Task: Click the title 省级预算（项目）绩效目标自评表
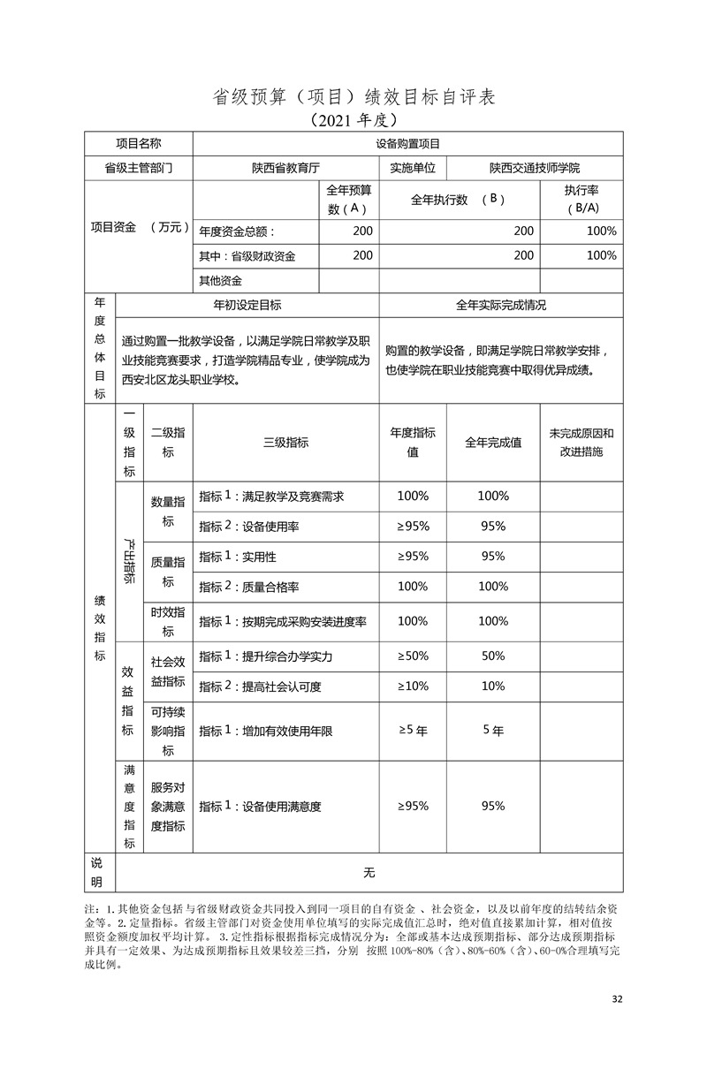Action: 353,95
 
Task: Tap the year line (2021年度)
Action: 353,118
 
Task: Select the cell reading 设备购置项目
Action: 407,143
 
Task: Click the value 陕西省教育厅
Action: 285,168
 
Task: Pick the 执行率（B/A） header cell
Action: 581,200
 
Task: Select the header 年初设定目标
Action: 247,305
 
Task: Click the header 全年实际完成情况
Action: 500,305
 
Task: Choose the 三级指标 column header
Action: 285,443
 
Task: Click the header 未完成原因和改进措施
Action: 581,443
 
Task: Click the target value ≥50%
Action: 413,656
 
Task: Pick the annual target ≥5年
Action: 413,731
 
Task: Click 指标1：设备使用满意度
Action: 260,806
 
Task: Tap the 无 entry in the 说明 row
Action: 369,873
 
